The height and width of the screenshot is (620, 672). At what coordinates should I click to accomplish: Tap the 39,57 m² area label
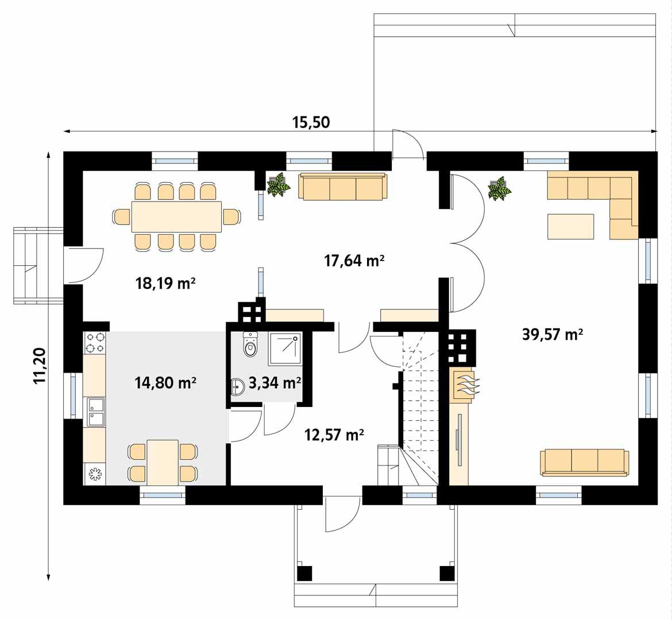click(553, 334)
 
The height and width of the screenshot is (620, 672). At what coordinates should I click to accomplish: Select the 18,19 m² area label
click(165, 283)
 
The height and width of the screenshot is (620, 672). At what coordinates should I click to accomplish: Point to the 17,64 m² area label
click(354, 261)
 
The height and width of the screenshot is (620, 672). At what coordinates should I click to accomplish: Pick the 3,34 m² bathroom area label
click(276, 382)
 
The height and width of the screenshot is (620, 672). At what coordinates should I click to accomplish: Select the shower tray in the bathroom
click(285, 348)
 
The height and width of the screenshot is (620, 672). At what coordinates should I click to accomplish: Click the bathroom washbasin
click(238, 387)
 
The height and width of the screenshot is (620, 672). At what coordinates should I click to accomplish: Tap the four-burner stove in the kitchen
click(95, 343)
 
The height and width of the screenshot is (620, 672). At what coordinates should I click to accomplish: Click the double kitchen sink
click(94, 412)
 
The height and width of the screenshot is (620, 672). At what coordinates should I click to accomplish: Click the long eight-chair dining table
click(176, 216)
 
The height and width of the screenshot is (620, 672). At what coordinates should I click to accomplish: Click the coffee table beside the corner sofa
click(570, 226)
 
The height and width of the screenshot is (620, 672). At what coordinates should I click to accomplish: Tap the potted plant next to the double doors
click(499, 188)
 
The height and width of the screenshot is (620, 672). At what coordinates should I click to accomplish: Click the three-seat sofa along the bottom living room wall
click(584, 462)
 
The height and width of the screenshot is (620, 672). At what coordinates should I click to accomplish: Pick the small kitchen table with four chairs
click(163, 462)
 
